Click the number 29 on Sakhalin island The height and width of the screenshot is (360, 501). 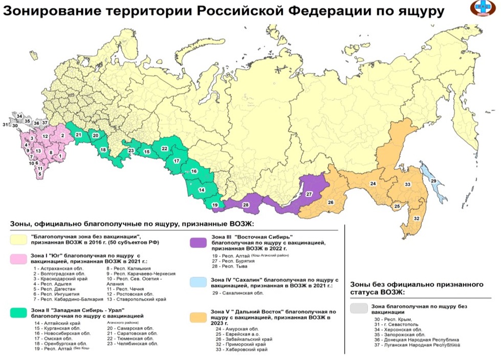click(x=433, y=182)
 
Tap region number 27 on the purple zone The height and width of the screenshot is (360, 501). click(x=309, y=194)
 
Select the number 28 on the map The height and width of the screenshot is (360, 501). click(x=246, y=205)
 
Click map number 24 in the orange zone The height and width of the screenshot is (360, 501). click(x=373, y=184)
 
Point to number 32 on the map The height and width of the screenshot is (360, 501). click(x=417, y=218)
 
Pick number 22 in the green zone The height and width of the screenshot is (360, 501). click(x=164, y=148)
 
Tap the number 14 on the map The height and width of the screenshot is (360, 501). click(x=202, y=190)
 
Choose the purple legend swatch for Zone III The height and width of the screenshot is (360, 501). click(x=198, y=242)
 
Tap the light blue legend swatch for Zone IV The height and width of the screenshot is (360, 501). click(x=198, y=282)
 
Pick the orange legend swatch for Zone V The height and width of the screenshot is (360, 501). click(x=198, y=316)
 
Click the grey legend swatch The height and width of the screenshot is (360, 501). click(x=360, y=308)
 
